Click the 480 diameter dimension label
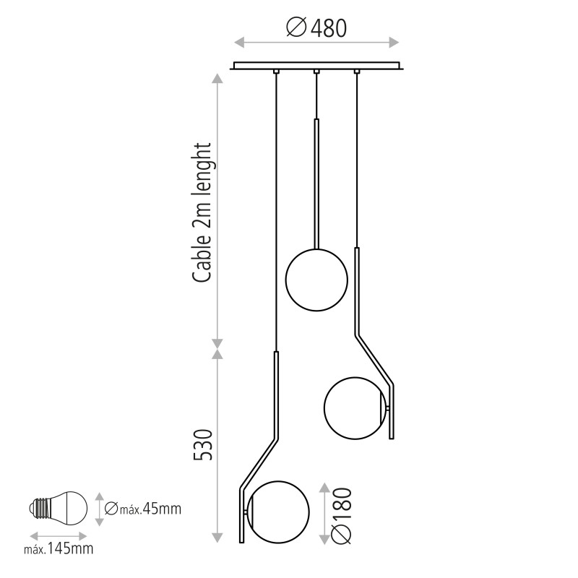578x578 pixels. coord(316,28)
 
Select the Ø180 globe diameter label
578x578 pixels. coord(342,516)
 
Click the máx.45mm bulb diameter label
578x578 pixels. coord(142,509)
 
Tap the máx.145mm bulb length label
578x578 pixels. coord(59,549)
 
